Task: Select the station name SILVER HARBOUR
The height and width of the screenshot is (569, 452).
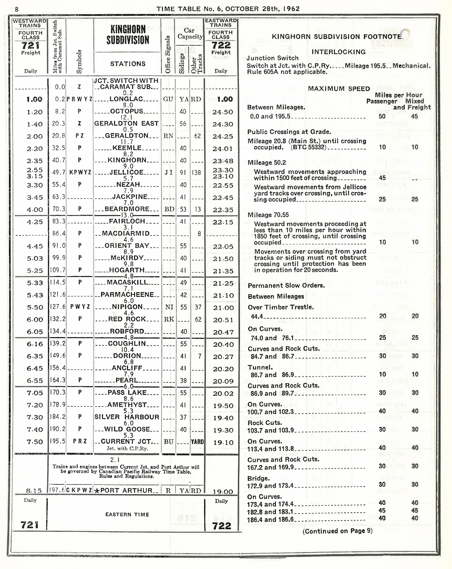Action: (x=127, y=417)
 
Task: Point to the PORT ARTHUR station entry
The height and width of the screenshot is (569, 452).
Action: (x=126, y=491)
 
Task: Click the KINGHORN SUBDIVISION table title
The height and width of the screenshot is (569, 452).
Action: (x=128, y=35)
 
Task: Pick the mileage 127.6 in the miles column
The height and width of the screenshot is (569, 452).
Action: (x=57, y=307)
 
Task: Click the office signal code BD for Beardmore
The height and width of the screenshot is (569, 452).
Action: (x=169, y=209)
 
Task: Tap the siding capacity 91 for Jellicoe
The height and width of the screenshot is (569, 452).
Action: (x=183, y=173)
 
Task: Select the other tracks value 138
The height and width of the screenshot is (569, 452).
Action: (x=197, y=173)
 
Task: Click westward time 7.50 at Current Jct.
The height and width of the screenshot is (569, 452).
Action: (x=35, y=442)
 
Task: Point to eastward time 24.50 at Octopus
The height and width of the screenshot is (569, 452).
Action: (x=223, y=112)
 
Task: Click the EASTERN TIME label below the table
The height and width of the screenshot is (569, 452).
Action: (x=127, y=514)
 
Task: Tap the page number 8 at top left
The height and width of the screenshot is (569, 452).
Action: (x=16, y=9)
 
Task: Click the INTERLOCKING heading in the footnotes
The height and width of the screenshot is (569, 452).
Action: (x=338, y=52)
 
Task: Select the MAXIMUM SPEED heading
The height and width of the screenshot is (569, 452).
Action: (x=339, y=89)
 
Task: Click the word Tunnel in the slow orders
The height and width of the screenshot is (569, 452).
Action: (x=260, y=367)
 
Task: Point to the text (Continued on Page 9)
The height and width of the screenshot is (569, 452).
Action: (x=337, y=531)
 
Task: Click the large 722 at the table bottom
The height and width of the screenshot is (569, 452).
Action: (x=222, y=526)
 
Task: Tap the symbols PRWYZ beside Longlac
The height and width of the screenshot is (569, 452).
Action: (x=79, y=100)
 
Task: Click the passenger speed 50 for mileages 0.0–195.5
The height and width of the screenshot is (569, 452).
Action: (x=382, y=116)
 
